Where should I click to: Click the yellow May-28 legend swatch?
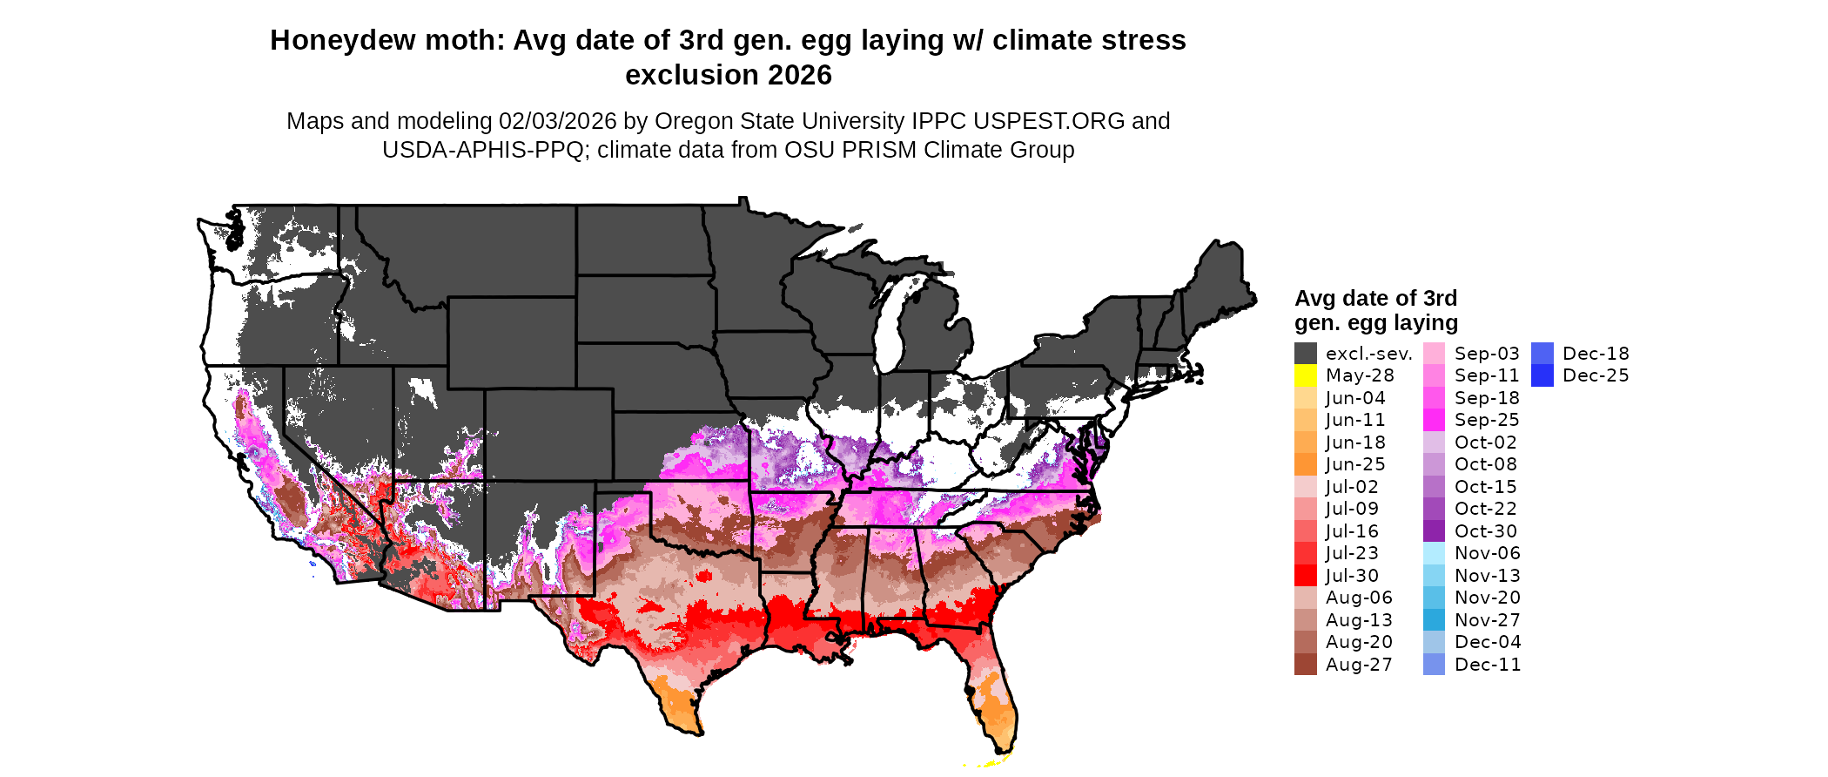point(1305,375)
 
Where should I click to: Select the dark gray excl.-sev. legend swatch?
point(1305,354)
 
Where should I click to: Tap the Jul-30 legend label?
point(1352,576)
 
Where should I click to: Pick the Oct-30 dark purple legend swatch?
point(1434,531)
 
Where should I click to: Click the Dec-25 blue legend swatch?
point(1542,375)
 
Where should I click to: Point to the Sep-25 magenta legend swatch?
point(1434,420)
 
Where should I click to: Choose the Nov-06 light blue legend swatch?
point(1434,553)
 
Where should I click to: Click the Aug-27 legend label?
point(1359,665)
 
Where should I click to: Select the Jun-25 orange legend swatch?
point(1305,464)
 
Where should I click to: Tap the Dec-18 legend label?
point(1596,354)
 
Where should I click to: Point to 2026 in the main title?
point(800,76)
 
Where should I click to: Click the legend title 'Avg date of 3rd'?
point(1375,299)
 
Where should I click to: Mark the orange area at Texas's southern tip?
point(677,704)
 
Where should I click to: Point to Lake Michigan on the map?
point(888,331)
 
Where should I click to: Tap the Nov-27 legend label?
point(1488,620)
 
